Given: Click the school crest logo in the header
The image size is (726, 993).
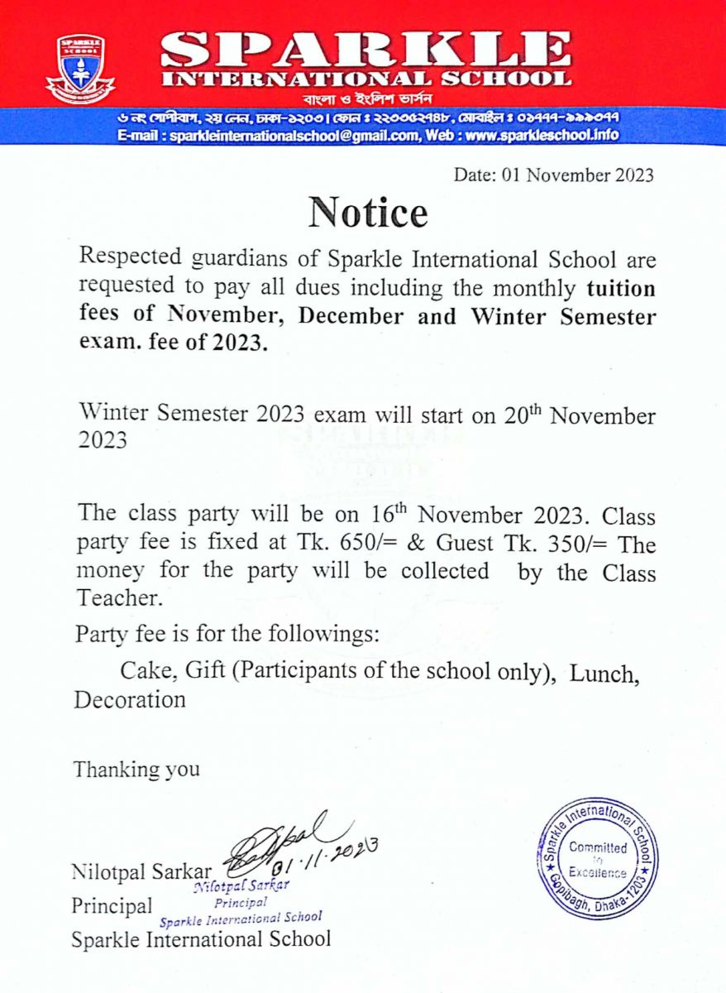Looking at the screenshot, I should (80, 68).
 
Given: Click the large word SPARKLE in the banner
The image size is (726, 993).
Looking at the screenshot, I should (365, 51).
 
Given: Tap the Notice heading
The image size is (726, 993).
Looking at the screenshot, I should (369, 213).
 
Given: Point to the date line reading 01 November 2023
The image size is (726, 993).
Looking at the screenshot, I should (554, 175).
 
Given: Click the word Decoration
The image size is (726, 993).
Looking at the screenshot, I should (130, 699).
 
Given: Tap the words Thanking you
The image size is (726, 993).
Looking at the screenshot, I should (136, 769).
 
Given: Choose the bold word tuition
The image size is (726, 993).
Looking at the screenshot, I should (621, 290).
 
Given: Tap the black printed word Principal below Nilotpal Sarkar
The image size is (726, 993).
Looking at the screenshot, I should (112, 905).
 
